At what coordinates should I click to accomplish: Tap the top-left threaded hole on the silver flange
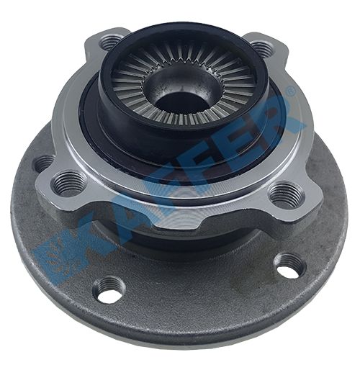(111, 43)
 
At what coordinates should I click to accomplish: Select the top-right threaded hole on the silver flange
(261, 49)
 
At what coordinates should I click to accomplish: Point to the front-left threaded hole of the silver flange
(69, 182)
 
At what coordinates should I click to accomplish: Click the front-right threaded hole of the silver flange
(287, 196)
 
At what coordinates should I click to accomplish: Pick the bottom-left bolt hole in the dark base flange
(109, 289)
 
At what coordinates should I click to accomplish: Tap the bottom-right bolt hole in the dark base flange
(290, 266)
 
